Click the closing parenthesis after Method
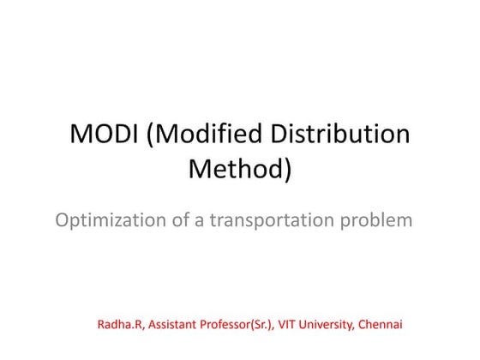287,170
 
